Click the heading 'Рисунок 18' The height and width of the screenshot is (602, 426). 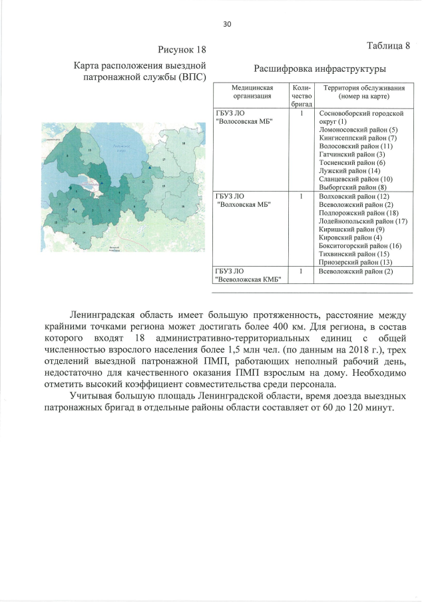tap(182, 50)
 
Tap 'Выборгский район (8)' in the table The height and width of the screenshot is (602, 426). tap(353, 188)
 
